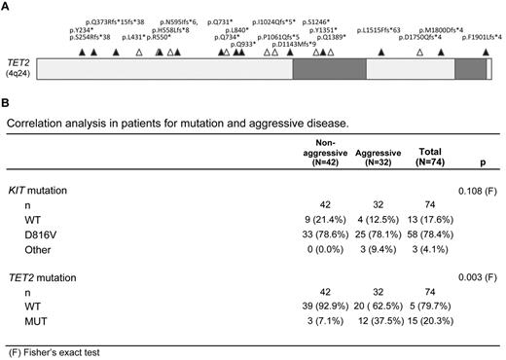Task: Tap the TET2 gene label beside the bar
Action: click(17, 61)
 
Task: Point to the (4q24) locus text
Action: click(17, 73)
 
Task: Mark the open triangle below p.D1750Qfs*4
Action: click(419, 51)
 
